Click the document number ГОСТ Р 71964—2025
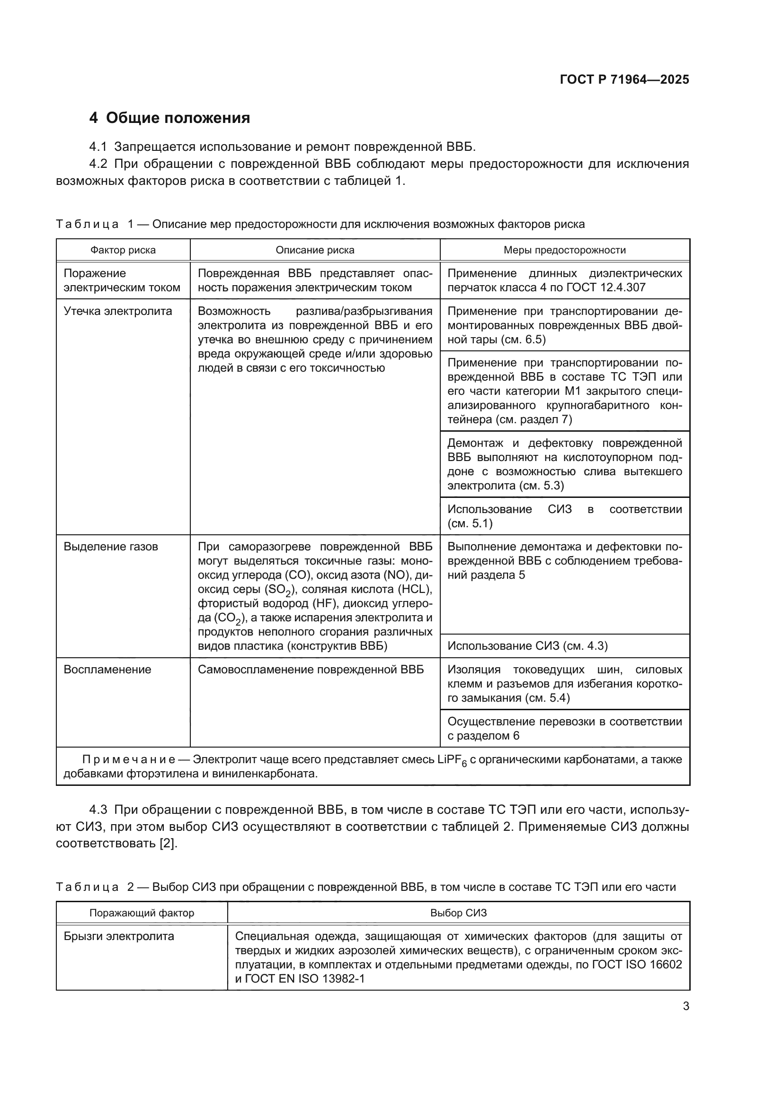click(x=624, y=79)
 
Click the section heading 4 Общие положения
click(x=170, y=118)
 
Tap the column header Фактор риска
click(x=123, y=250)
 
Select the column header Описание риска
click(x=315, y=250)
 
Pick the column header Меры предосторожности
click(x=565, y=250)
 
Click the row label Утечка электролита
click(x=118, y=311)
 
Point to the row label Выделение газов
click(x=111, y=547)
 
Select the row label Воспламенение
click(x=107, y=670)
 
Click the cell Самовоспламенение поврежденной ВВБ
click(x=311, y=670)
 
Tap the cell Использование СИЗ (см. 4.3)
click(x=527, y=646)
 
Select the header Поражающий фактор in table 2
click(x=142, y=913)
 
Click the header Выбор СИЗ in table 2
click(x=459, y=913)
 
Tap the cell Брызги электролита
click(x=119, y=936)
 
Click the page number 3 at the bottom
click(x=685, y=1006)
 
